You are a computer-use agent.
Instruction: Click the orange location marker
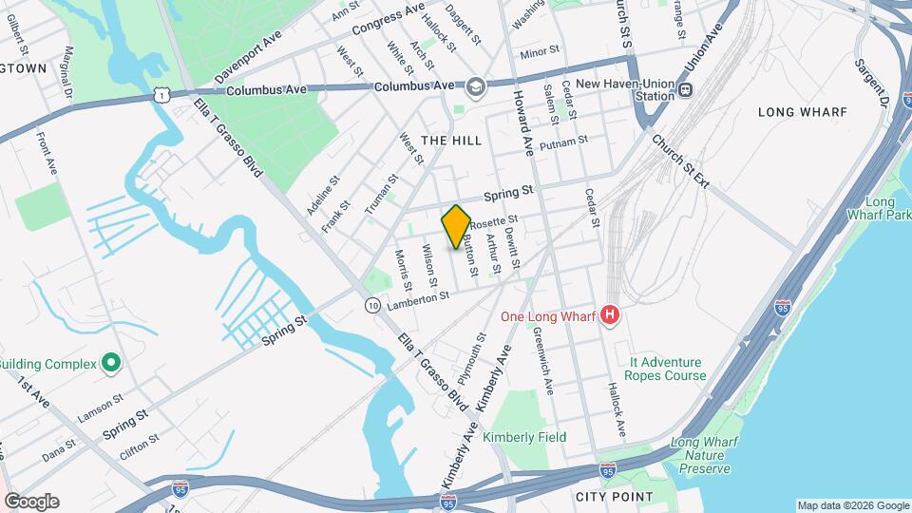[456, 226]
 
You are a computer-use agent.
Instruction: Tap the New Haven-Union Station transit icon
[686, 90]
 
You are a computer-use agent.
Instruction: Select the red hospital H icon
[611, 314]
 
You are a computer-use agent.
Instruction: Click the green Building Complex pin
[111, 363]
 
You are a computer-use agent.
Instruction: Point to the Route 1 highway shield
[164, 95]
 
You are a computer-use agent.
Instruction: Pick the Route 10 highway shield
[373, 304]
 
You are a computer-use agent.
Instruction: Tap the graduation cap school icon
[475, 87]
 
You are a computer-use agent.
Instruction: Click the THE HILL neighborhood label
[451, 140]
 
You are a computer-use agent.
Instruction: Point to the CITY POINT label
[614, 496]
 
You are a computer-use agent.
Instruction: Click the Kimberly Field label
[524, 437]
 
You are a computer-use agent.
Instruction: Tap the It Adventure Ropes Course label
[666, 369]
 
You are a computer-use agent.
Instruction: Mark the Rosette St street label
[492, 221]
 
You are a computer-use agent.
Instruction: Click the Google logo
[31, 501]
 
